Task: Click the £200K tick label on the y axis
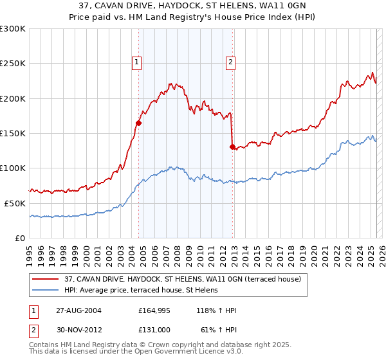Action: pyautogui.click(x=13, y=98)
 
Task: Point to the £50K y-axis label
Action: pyautogui.click(x=15, y=203)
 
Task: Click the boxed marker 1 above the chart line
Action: pyautogui.click(x=137, y=62)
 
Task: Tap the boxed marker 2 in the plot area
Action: pyautogui.click(x=230, y=62)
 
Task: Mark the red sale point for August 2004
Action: pyautogui.click(x=138, y=123)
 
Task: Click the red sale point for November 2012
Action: pyautogui.click(x=232, y=147)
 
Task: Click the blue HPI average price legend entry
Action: pyautogui.click(x=141, y=291)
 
